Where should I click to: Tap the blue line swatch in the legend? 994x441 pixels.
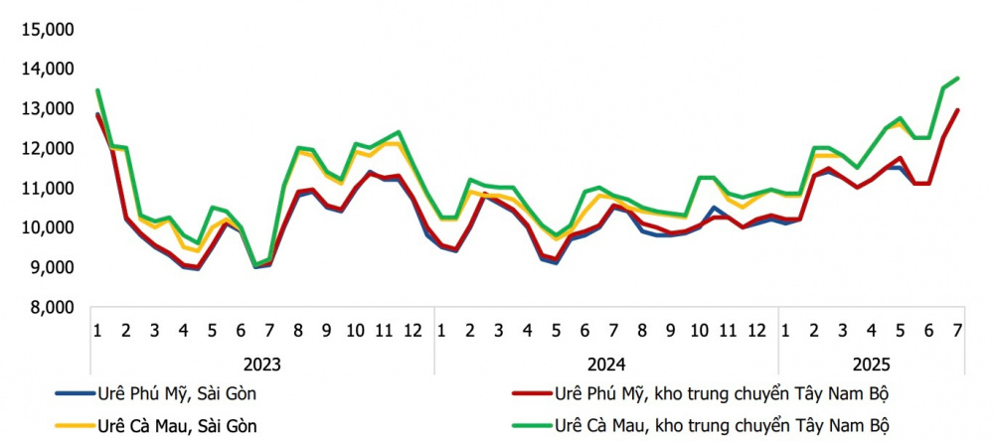coord(61,394)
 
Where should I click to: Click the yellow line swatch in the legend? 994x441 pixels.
coord(61,427)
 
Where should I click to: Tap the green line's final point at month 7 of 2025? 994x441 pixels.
coord(957,78)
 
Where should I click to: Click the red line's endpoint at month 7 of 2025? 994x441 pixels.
coord(957,110)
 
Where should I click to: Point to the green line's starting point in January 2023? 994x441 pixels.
coord(97,90)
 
